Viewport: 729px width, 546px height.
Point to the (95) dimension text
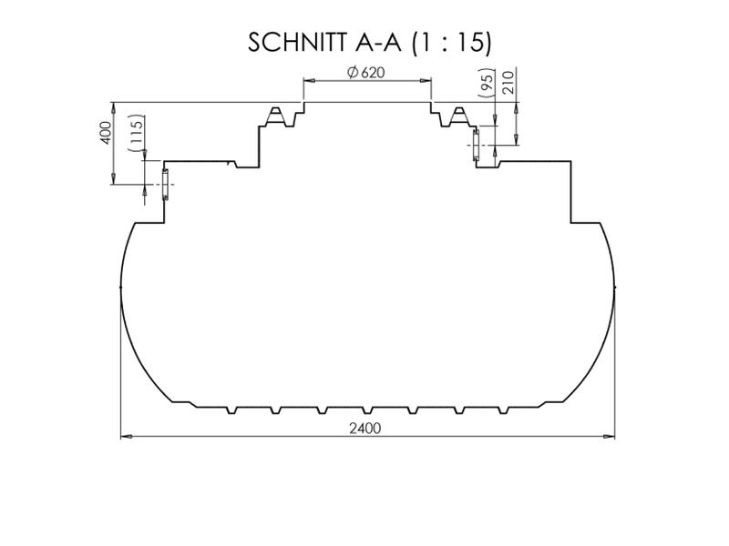pos(488,85)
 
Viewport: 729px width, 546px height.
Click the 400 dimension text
pos(106,133)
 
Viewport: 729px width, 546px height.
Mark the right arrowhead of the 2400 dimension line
pos(611,437)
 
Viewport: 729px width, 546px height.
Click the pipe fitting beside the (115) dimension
pos(165,185)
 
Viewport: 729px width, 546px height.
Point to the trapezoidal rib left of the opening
pos(276,115)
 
